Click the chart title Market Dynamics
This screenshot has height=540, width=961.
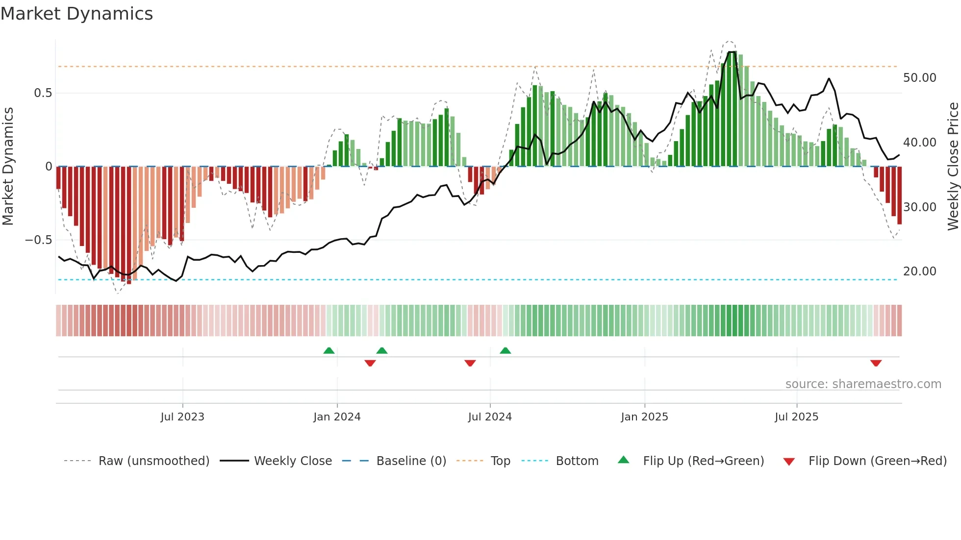click(x=77, y=14)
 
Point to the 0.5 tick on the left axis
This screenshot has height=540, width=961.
click(x=43, y=93)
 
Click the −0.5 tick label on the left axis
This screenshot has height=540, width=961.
click(x=38, y=240)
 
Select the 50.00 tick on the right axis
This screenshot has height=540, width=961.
click(x=919, y=78)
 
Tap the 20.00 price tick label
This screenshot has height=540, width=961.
click(x=919, y=271)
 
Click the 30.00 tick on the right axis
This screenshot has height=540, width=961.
click(x=919, y=207)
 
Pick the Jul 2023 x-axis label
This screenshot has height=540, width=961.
click(x=182, y=417)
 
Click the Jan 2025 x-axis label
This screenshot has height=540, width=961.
click(x=644, y=417)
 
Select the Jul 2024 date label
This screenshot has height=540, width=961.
click(x=490, y=417)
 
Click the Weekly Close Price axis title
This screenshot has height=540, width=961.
click(x=953, y=167)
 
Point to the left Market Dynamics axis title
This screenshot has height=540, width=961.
click(x=8, y=167)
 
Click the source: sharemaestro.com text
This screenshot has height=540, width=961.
click(x=863, y=384)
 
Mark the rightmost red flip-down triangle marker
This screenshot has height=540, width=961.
click(x=876, y=363)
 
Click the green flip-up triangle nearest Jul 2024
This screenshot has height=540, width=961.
click(x=506, y=350)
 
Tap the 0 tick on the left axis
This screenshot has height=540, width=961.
click(x=49, y=167)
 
